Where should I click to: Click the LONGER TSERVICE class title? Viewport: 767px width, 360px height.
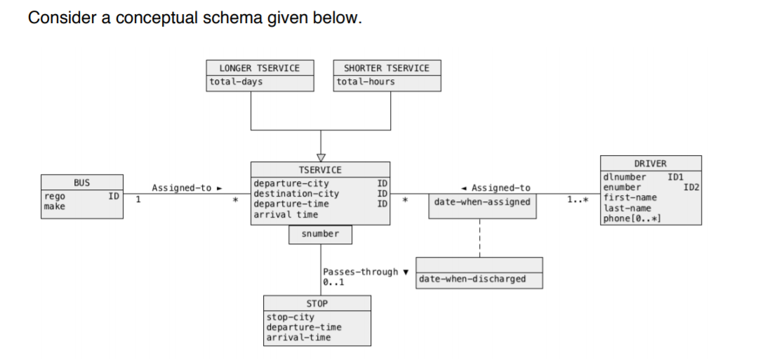(x=259, y=68)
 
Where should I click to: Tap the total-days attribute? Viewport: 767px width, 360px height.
(x=236, y=82)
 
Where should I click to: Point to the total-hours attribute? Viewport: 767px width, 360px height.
(x=366, y=82)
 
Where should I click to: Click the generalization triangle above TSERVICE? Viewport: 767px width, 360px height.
(x=321, y=156)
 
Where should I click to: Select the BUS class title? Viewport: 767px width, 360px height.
(x=82, y=182)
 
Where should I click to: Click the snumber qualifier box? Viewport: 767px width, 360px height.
(x=320, y=234)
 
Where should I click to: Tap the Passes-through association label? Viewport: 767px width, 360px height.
(x=361, y=272)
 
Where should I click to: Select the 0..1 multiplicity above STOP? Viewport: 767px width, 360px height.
(x=333, y=282)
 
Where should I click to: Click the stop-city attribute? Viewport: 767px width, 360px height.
(x=291, y=317)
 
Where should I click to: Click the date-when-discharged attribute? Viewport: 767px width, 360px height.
(x=472, y=279)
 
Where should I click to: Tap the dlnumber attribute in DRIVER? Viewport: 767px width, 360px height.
(x=625, y=177)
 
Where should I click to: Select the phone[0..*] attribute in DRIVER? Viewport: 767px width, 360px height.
(x=632, y=219)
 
